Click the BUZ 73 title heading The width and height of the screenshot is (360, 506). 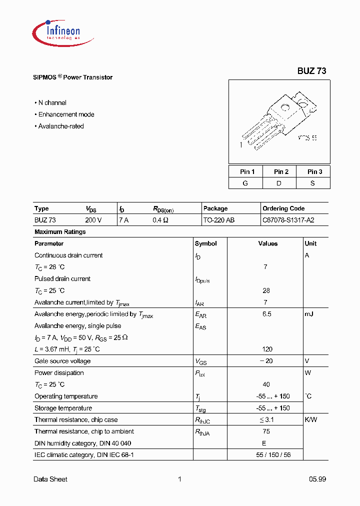tap(311, 71)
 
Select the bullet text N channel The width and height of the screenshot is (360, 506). tap(52, 102)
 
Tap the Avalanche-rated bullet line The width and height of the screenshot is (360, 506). tap(60, 126)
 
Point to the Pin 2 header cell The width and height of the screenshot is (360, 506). tap(281, 171)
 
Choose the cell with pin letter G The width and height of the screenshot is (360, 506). tap(245, 183)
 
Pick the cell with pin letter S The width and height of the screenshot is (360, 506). tap(312, 183)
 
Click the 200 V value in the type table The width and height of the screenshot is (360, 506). tap(93, 220)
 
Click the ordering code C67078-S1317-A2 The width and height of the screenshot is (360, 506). tap(288, 220)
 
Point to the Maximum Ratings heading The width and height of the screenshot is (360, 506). tap(60, 232)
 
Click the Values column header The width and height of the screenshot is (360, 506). tap(267, 243)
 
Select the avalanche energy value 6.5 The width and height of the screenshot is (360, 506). tap(266, 314)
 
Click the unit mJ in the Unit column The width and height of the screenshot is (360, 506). tap(310, 314)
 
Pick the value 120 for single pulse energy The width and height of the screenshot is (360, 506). tap(266, 349)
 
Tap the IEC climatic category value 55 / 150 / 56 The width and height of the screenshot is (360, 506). tap(266, 454)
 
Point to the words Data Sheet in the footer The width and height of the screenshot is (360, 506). tap(50, 479)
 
